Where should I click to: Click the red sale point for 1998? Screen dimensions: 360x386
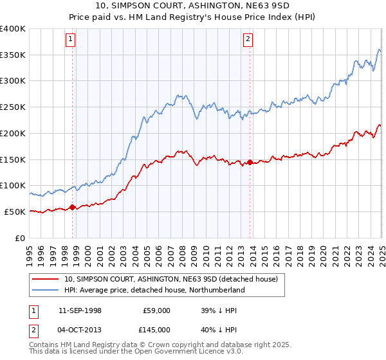pyautogui.click(x=72, y=207)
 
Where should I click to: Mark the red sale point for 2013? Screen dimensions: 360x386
pyautogui.click(x=250, y=162)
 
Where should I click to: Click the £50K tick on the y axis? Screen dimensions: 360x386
pyautogui.click(x=15, y=212)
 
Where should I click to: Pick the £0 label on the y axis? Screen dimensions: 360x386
pyautogui.click(x=21, y=238)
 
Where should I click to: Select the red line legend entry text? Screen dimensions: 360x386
pyautogui.click(x=170, y=279)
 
